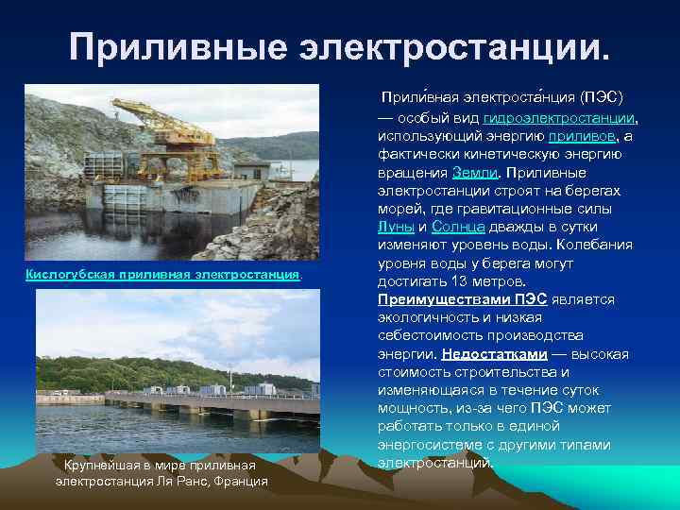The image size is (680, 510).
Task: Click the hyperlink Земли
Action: [470, 173]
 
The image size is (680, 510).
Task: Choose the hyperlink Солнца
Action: [459, 227]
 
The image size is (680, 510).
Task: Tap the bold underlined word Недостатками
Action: [494, 354]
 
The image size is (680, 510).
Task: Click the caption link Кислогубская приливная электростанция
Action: [163, 275]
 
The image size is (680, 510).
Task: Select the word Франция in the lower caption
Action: [240, 482]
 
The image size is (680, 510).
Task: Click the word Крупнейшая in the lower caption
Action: [100, 466]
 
